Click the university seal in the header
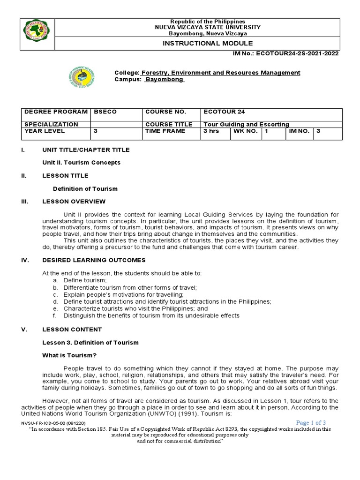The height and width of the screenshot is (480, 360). point(37,34)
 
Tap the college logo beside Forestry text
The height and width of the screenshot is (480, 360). point(81,76)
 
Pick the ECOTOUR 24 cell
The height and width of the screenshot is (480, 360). point(224,112)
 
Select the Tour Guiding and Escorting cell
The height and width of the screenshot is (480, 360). point(246,124)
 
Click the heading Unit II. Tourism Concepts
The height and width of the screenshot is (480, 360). point(82,162)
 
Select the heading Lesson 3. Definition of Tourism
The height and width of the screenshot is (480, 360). point(90,342)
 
